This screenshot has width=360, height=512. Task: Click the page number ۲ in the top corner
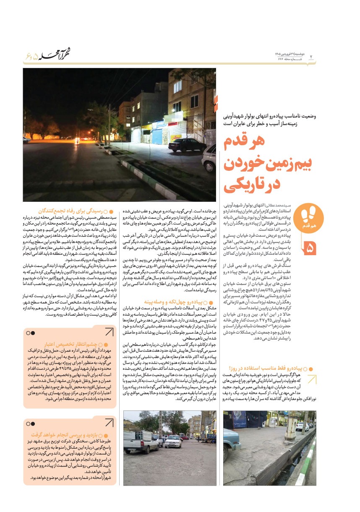pyautogui.click(x=311, y=57)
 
